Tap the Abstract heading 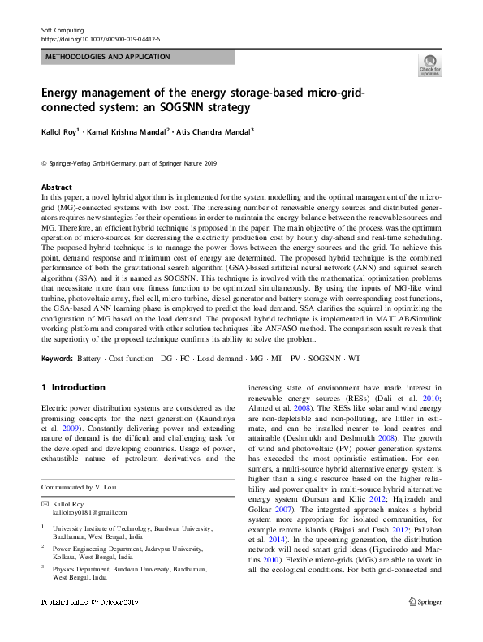[57, 187]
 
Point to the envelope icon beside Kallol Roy [45, 504]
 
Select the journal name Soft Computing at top [63, 30]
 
